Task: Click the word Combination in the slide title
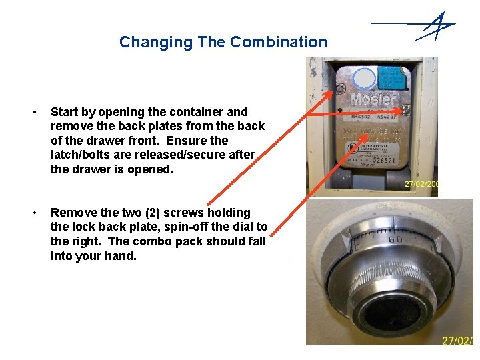279,42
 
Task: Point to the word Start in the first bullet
64,112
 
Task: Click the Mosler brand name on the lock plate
373,100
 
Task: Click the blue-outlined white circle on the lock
364,78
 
